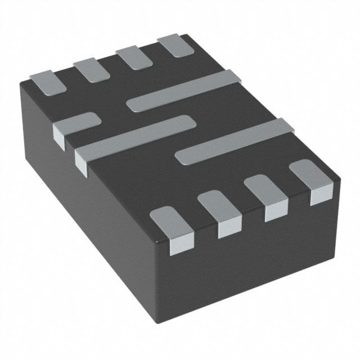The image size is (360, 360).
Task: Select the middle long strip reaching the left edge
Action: [135, 135]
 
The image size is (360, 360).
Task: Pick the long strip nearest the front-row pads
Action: [236, 141]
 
